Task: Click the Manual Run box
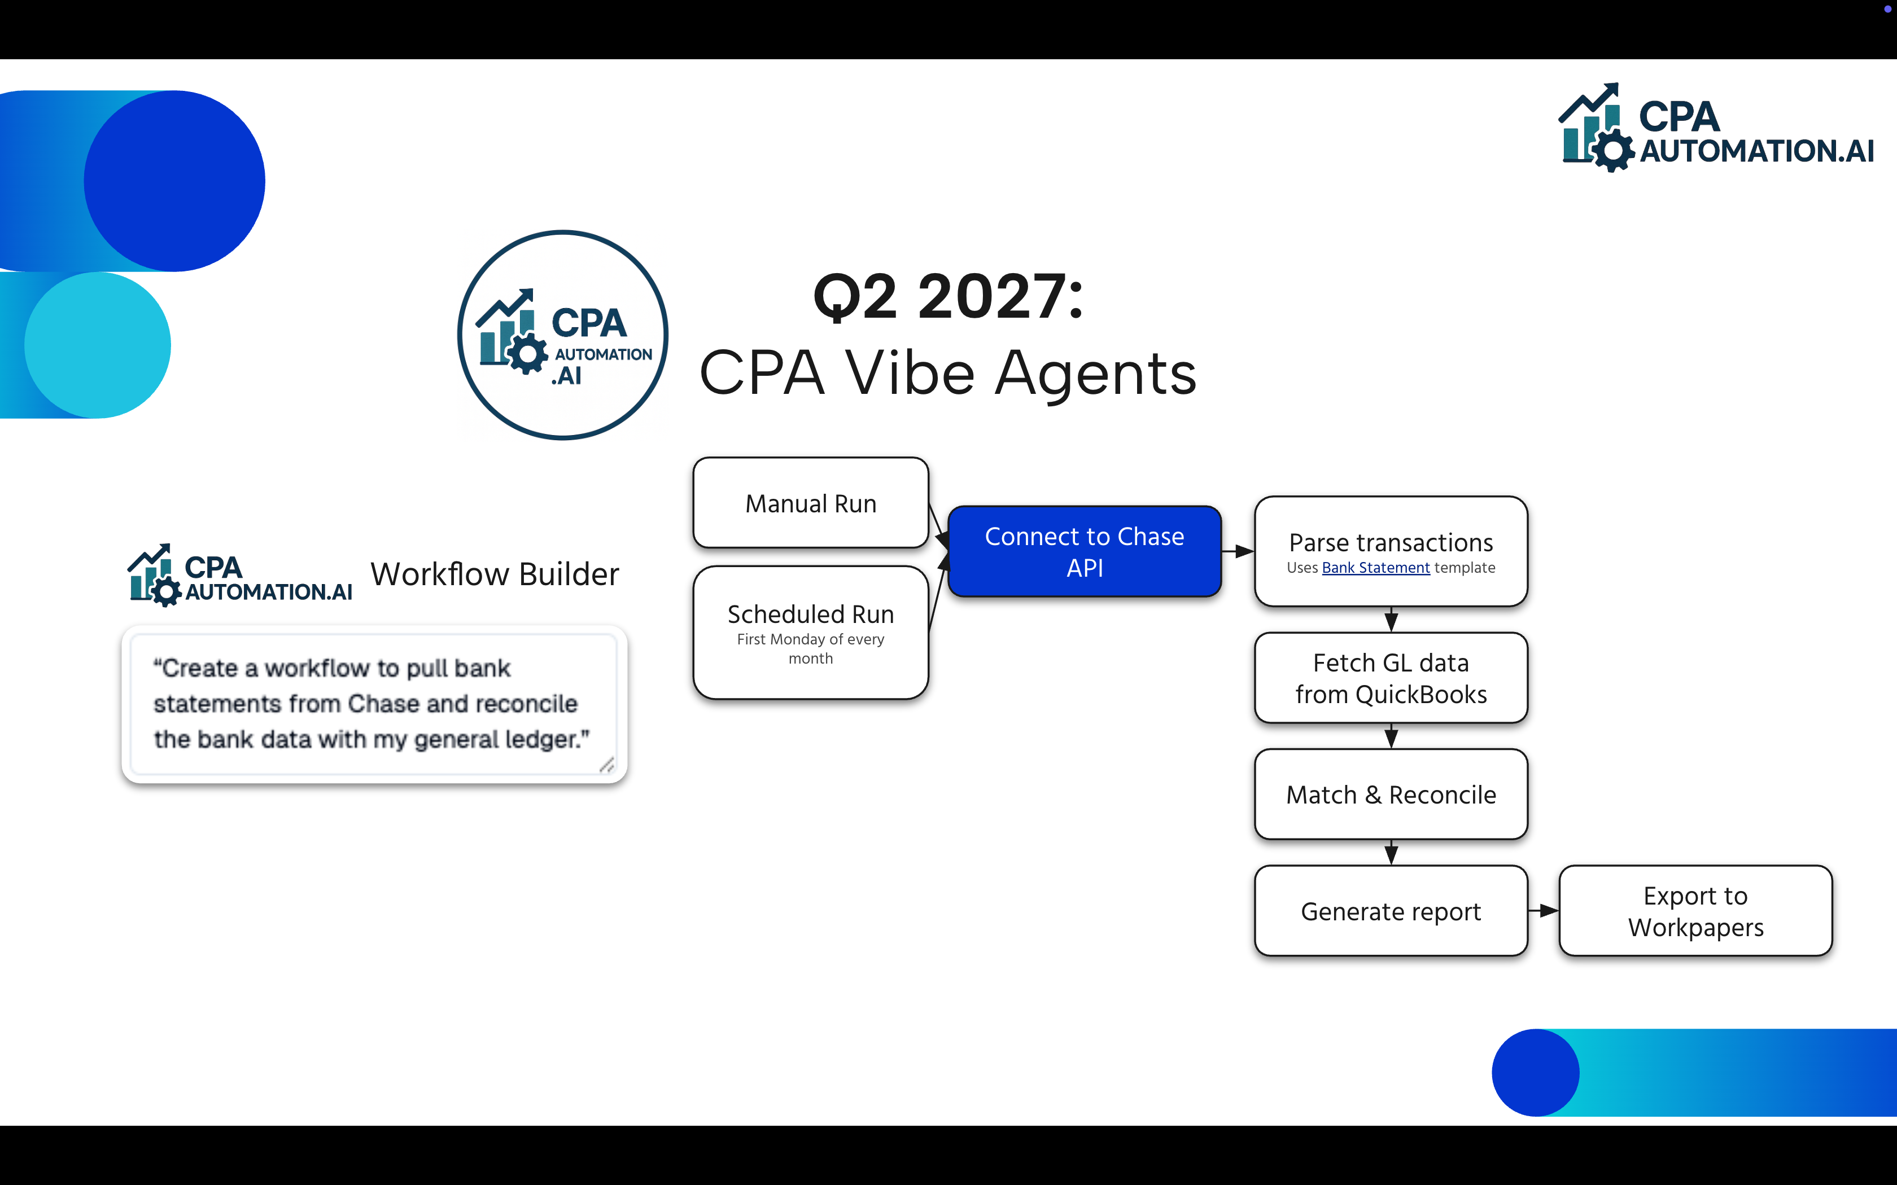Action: click(811, 503)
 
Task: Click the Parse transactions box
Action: click(1391, 542)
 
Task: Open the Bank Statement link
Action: click(1376, 568)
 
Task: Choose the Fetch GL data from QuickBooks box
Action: click(1391, 678)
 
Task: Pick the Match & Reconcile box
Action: click(1391, 795)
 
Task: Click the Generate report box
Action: click(1391, 911)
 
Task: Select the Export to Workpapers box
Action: click(1695, 911)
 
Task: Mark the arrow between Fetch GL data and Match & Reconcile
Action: click(1391, 736)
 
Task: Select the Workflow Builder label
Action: click(495, 574)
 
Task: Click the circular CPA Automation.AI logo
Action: click(563, 335)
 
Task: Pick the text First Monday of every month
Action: click(811, 649)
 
